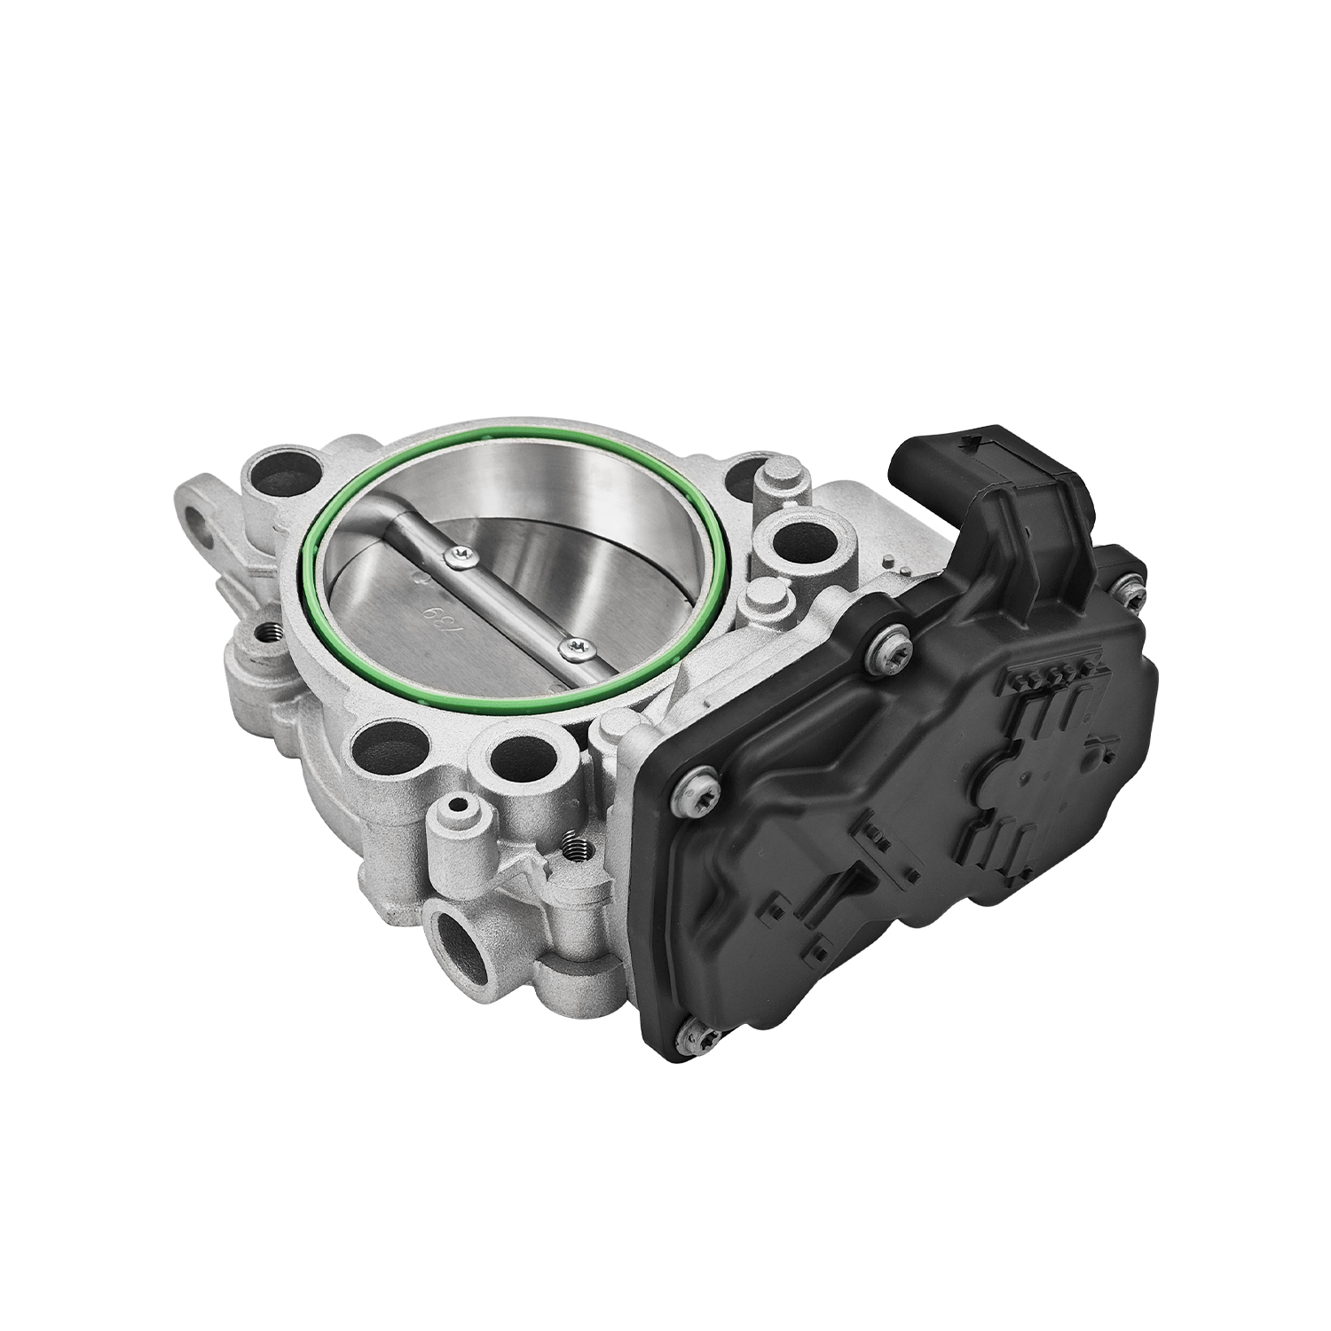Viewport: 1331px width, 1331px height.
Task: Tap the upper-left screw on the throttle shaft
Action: coord(460,555)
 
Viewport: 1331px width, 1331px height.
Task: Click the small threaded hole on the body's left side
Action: coord(267,634)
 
